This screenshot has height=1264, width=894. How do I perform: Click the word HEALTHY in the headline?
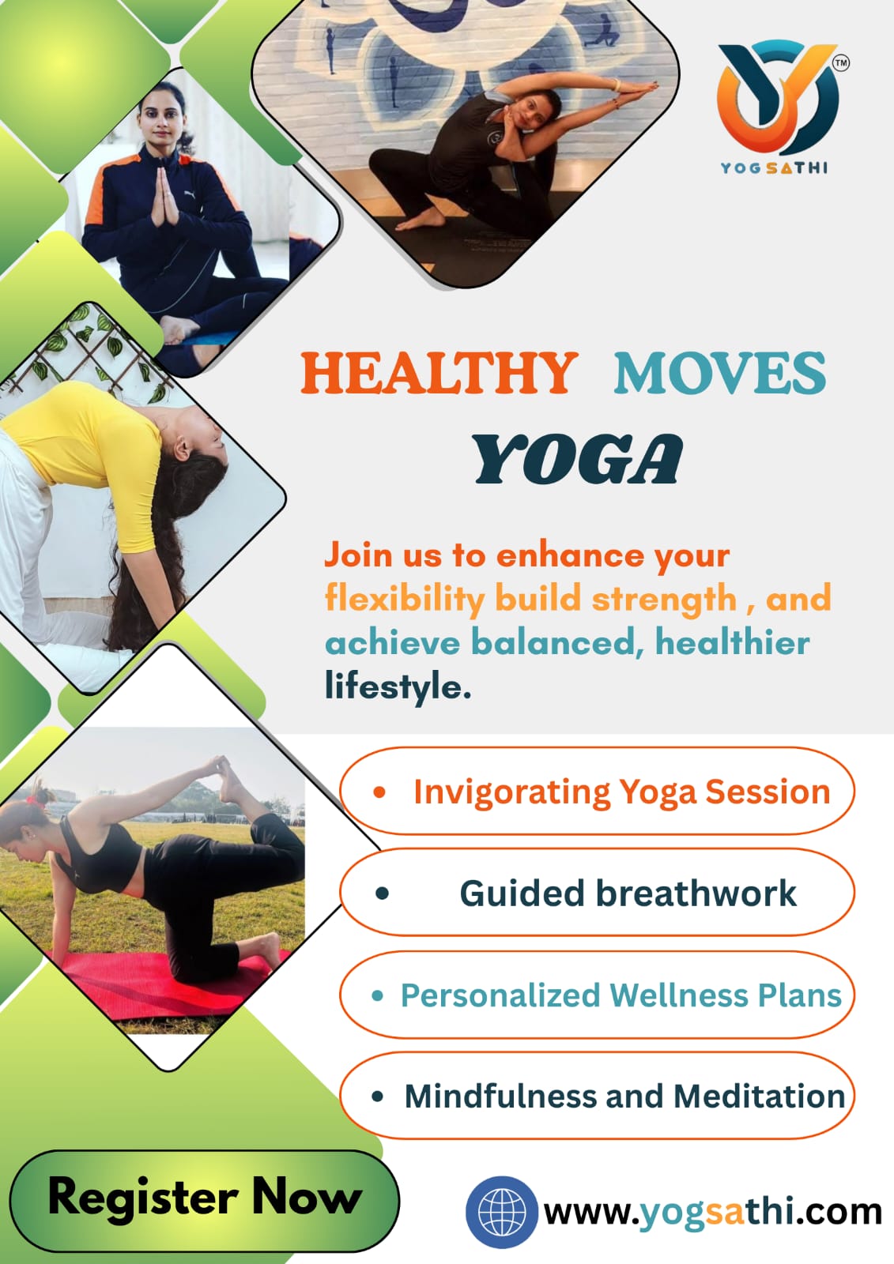coord(438,373)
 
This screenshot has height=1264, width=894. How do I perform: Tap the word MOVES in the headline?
coord(719,373)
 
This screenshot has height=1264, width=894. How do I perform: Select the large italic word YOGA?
coord(578,459)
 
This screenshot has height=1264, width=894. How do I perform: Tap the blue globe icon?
coord(501,1212)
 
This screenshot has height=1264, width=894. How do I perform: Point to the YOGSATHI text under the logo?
coord(775,168)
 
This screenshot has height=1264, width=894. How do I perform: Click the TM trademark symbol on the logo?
coord(841,62)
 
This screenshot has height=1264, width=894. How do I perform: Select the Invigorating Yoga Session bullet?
coord(597,791)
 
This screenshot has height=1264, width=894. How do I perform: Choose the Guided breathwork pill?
coord(597,893)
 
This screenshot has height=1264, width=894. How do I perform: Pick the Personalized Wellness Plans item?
coord(597,995)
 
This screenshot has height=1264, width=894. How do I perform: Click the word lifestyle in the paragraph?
coord(398,688)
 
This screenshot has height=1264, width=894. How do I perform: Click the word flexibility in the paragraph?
coord(405,600)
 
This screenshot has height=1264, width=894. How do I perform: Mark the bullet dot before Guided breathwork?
coord(382,893)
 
